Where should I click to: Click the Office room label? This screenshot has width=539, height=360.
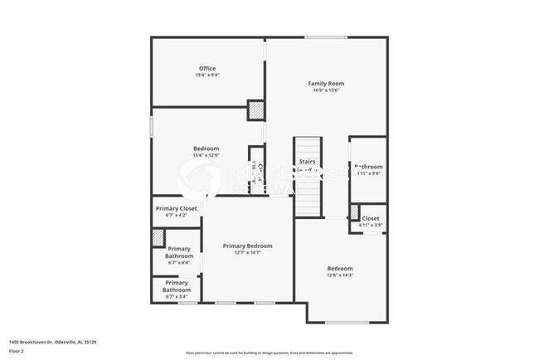tap(206, 68)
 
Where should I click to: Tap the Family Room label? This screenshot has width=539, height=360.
tap(326, 83)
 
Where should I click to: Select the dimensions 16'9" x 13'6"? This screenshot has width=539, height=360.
tap(326, 91)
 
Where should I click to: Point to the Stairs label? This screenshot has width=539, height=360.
tap(307, 161)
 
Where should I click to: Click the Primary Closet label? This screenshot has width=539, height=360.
tap(177, 208)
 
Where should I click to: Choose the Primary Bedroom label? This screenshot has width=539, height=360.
tap(247, 246)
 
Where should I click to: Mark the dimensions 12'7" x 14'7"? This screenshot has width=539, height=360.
tap(247, 253)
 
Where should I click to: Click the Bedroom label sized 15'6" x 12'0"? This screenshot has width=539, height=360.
tap(206, 148)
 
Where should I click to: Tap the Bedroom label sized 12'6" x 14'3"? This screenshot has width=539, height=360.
tap(340, 269)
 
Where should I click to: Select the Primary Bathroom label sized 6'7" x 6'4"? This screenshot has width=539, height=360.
tap(179, 253)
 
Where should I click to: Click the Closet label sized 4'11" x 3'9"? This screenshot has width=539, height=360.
tap(370, 219)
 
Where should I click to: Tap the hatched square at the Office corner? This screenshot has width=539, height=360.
tap(256, 110)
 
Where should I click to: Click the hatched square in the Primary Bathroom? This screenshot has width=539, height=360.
tap(158, 236)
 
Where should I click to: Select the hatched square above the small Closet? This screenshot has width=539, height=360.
tap(355, 210)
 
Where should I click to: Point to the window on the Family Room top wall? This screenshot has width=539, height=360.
tap(325, 36)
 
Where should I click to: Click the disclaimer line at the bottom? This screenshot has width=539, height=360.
tap(268, 353)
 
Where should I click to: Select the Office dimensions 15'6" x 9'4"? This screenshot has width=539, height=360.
tap(206, 75)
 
